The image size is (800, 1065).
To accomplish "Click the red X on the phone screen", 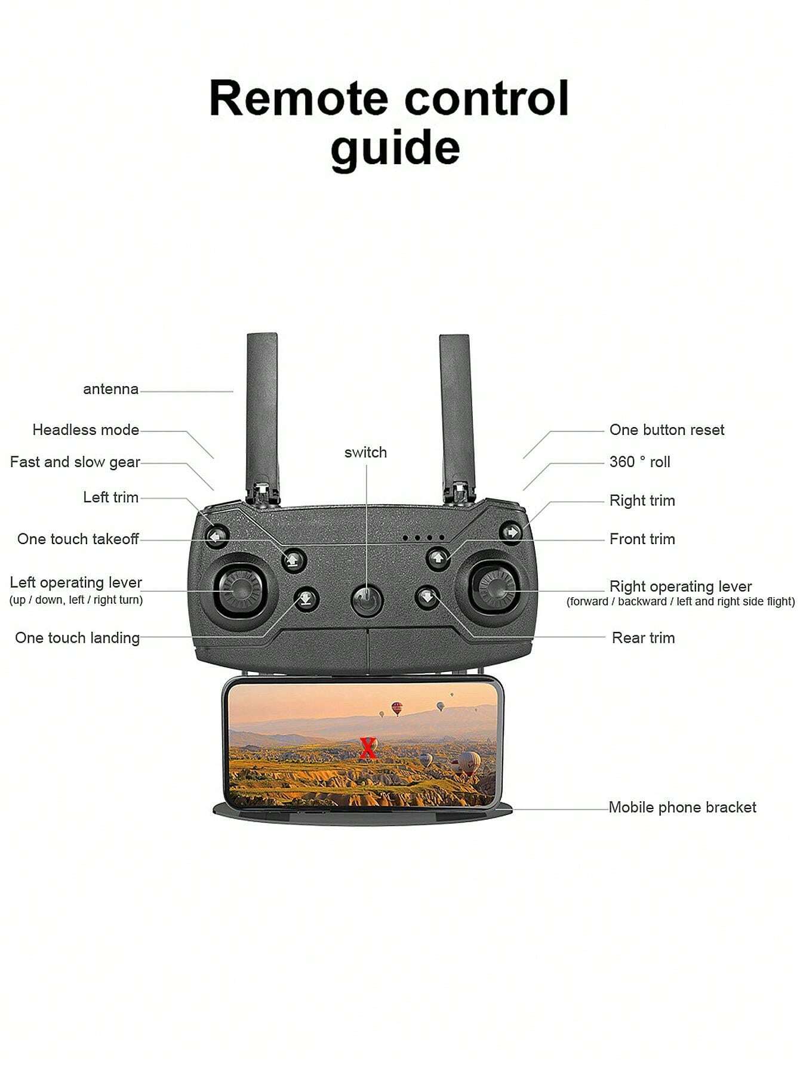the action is pos(368,748).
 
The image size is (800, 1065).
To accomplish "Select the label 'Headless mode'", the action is pos(85,430).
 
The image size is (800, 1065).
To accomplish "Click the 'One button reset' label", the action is pos(667,430).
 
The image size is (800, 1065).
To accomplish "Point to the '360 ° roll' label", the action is pos(639,462).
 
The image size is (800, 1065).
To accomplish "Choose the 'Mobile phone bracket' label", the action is pos(682,807).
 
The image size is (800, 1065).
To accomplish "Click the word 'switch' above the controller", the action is pos(365,452).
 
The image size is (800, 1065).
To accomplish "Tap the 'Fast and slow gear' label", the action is pos(75,462).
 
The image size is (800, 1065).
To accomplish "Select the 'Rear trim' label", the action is pos(644,638).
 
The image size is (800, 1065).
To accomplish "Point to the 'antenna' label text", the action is pos(110,389).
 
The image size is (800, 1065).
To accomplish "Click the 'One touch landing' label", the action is pos(78,638).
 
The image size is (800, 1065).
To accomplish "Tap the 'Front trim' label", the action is pos(642,539).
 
